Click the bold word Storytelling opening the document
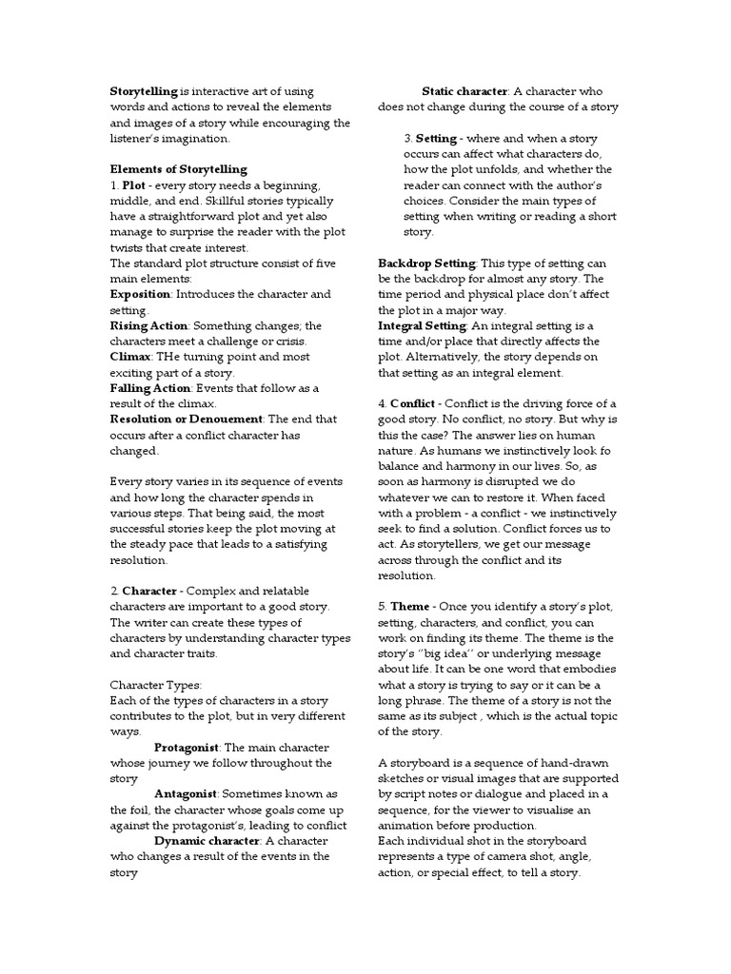pos(144,91)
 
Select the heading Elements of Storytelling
pos(179,169)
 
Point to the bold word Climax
pos(131,357)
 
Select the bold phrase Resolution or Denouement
pos(186,419)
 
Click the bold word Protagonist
pos(188,747)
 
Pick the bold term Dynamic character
pos(207,841)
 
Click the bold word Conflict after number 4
pos(412,403)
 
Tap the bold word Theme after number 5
pos(410,607)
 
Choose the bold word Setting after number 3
pos(437,139)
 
